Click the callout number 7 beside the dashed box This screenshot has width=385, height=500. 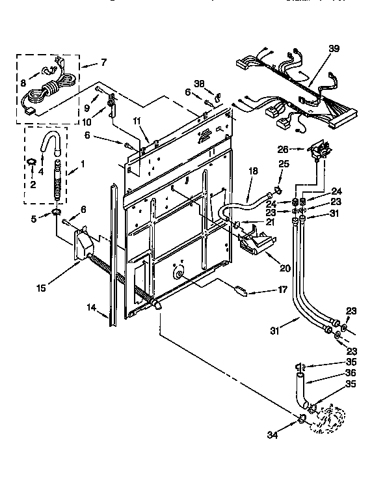102,63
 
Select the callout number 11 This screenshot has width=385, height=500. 137,121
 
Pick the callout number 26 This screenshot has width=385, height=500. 282,148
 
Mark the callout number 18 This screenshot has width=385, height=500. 254,171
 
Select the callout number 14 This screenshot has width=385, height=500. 91,307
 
